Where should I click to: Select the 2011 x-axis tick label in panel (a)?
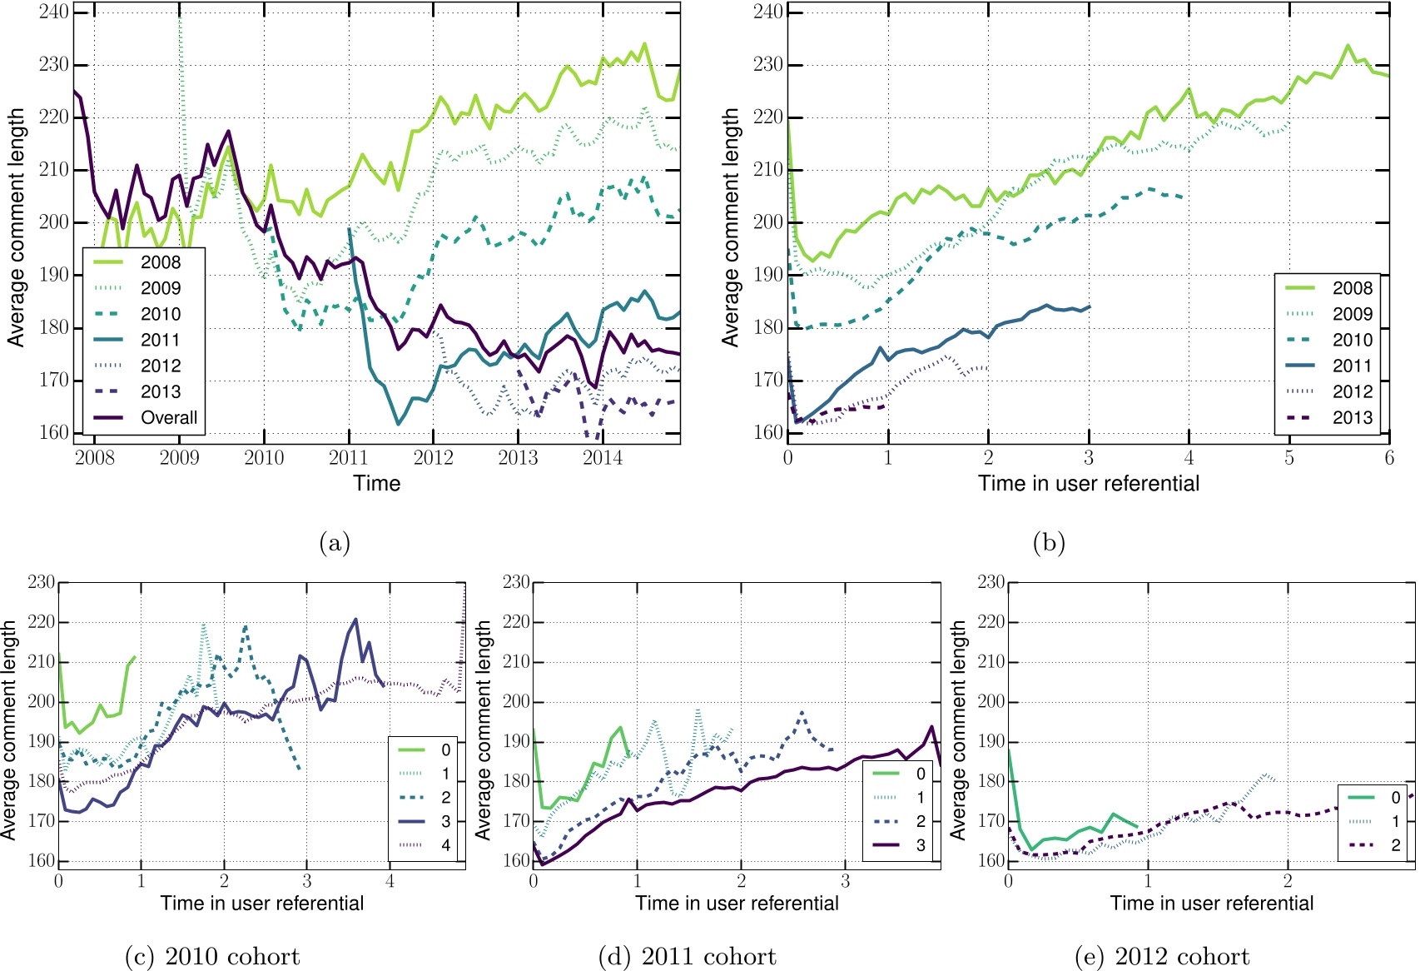tap(348, 457)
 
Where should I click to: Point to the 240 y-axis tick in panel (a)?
tap(53, 12)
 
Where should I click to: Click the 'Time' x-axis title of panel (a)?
tap(376, 484)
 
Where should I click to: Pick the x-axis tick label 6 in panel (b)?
tap(1388, 457)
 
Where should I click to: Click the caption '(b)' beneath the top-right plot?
tap(1048, 544)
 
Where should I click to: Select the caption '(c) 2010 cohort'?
tap(212, 956)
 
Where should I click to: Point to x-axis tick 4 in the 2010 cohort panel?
tap(390, 881)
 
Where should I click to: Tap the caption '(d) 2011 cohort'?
tap(687, 956)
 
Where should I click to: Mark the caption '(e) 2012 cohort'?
tap(1162, 956)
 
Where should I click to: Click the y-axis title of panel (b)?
tap(731, 227)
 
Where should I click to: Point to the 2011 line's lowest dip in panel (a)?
tap(398, 424)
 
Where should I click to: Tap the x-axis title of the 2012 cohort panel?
tap(1211, 904)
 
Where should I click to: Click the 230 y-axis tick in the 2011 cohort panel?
tap(516, 582)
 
